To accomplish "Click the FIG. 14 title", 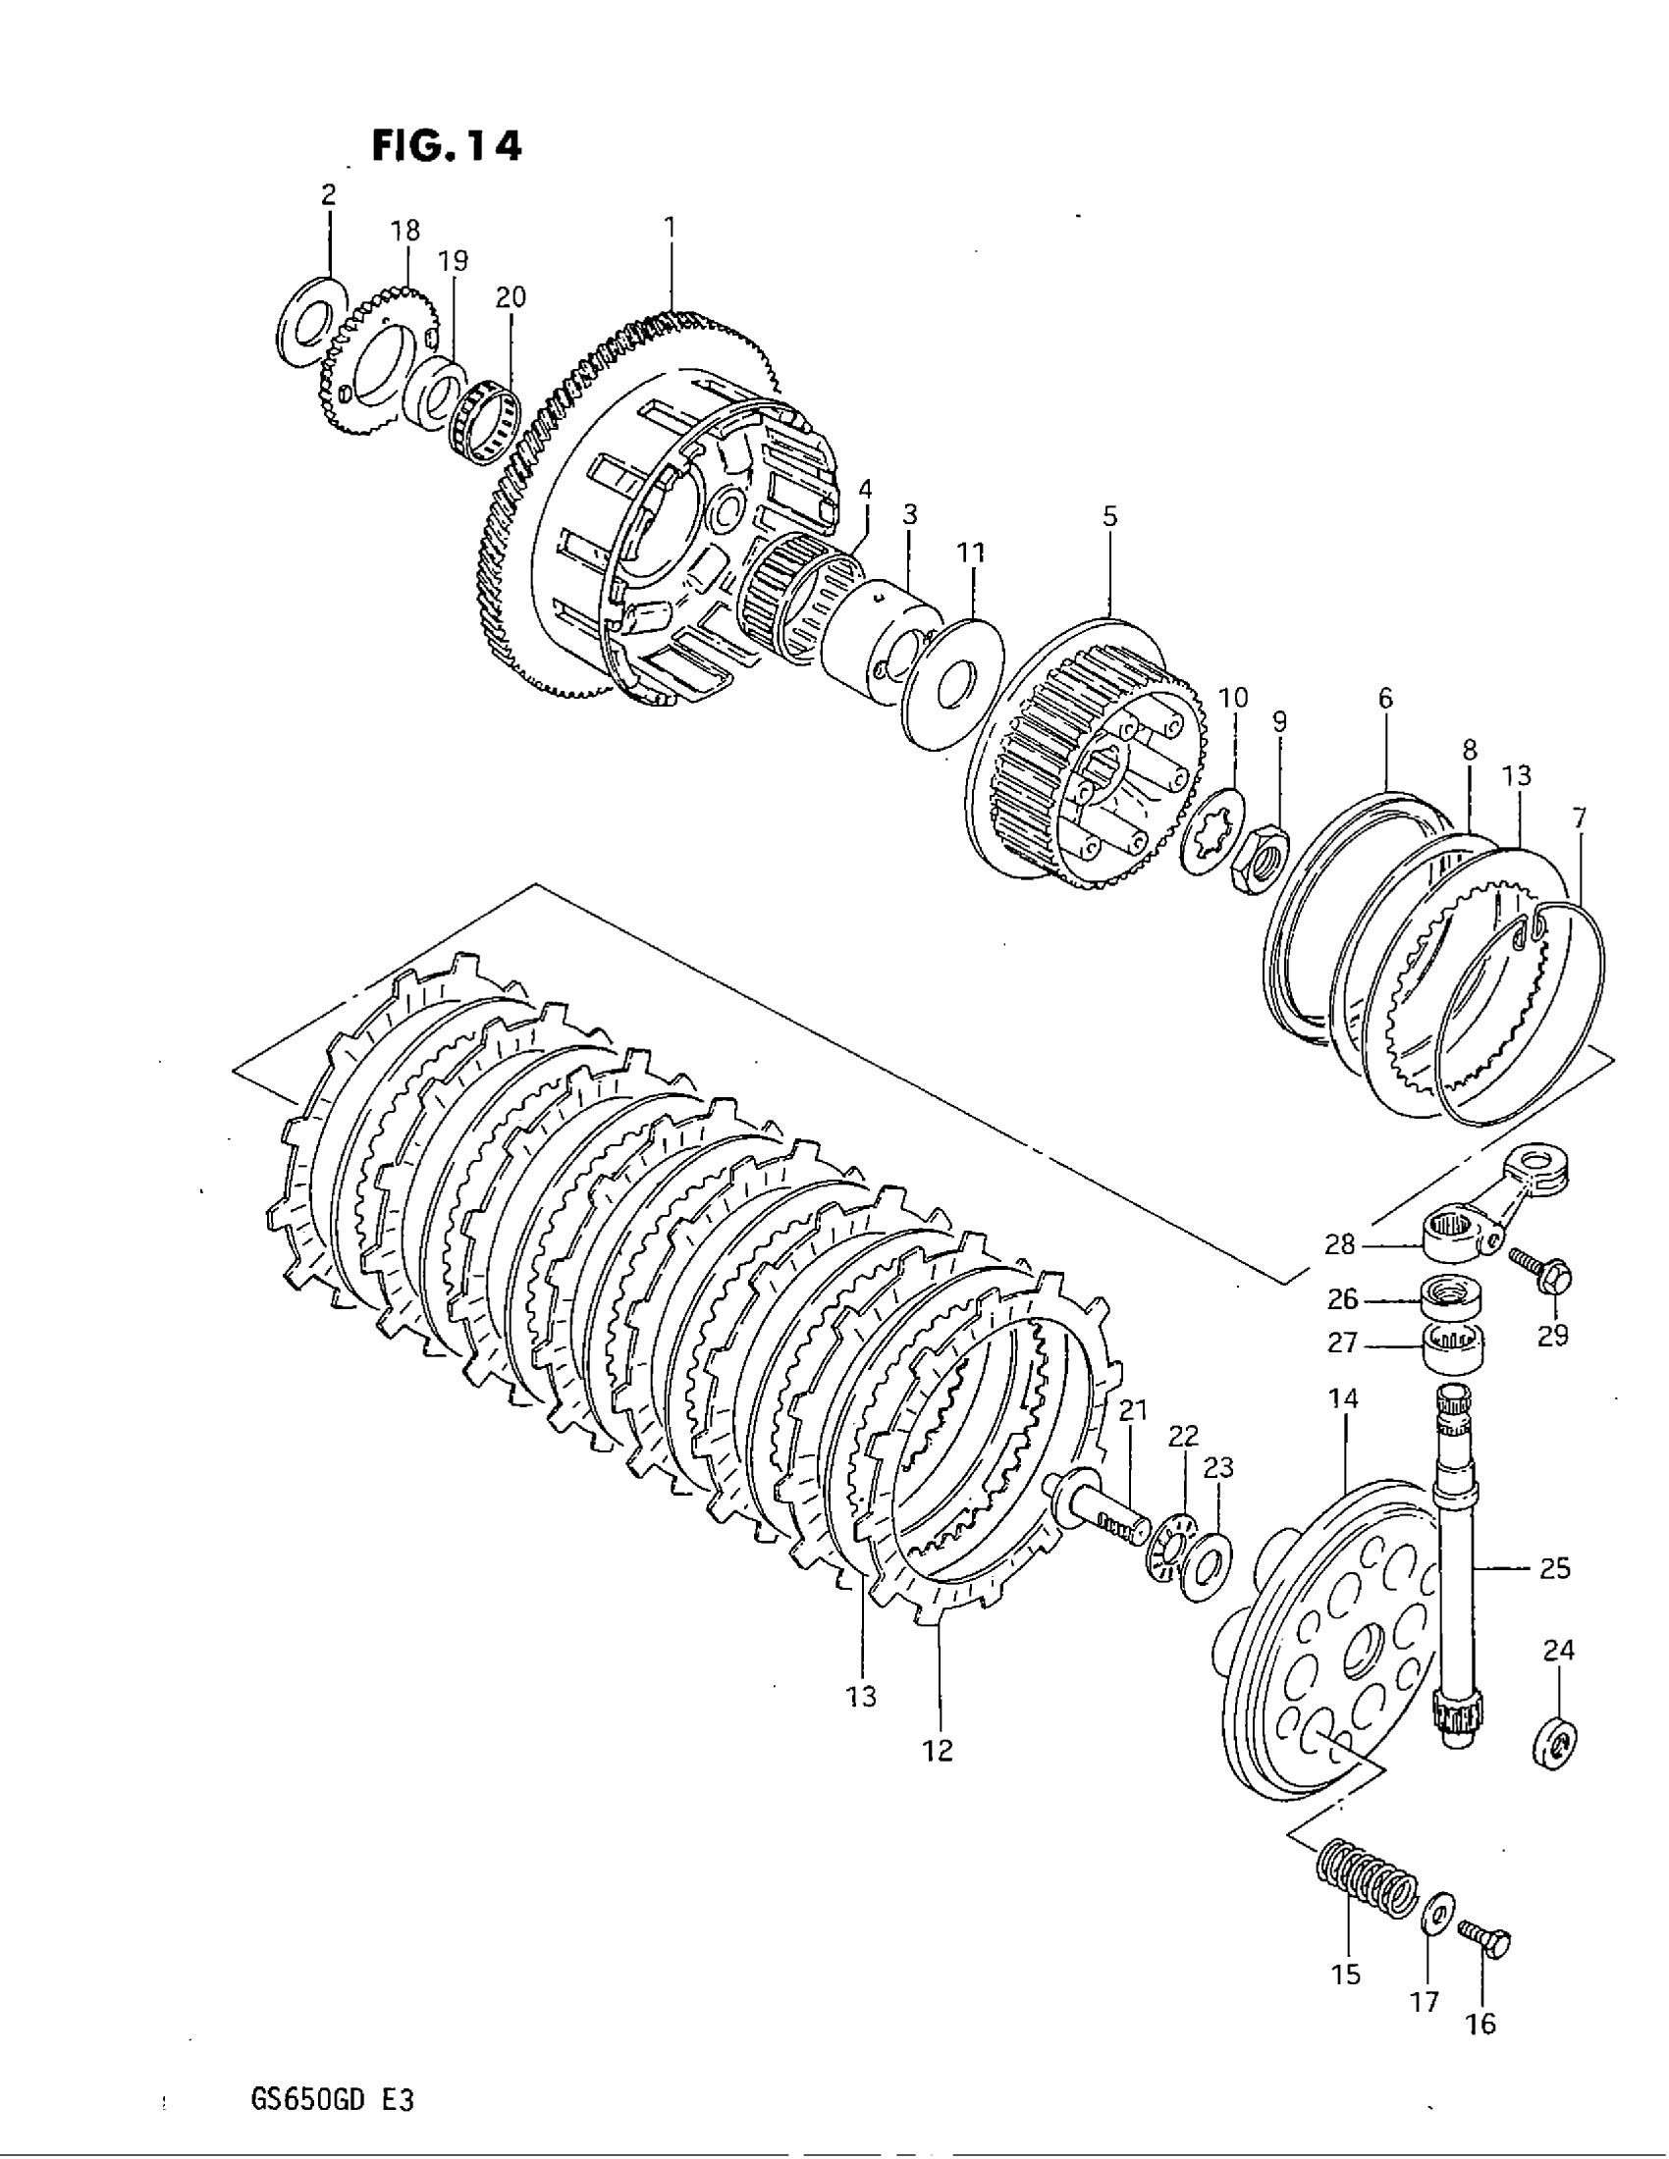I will [446, 146].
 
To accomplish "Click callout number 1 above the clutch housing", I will [670, 228].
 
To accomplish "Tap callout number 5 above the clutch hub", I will [1109, 516].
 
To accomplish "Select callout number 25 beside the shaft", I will [1554, 1568].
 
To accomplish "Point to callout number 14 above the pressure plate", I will [1344, 1398].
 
